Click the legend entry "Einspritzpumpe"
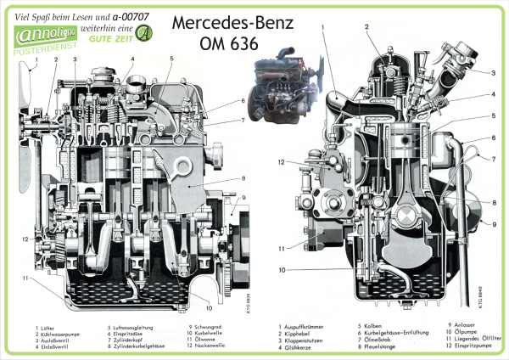[x=480, y=346]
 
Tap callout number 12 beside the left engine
[x=26, y=239]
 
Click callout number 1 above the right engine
[x=323, y=27]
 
